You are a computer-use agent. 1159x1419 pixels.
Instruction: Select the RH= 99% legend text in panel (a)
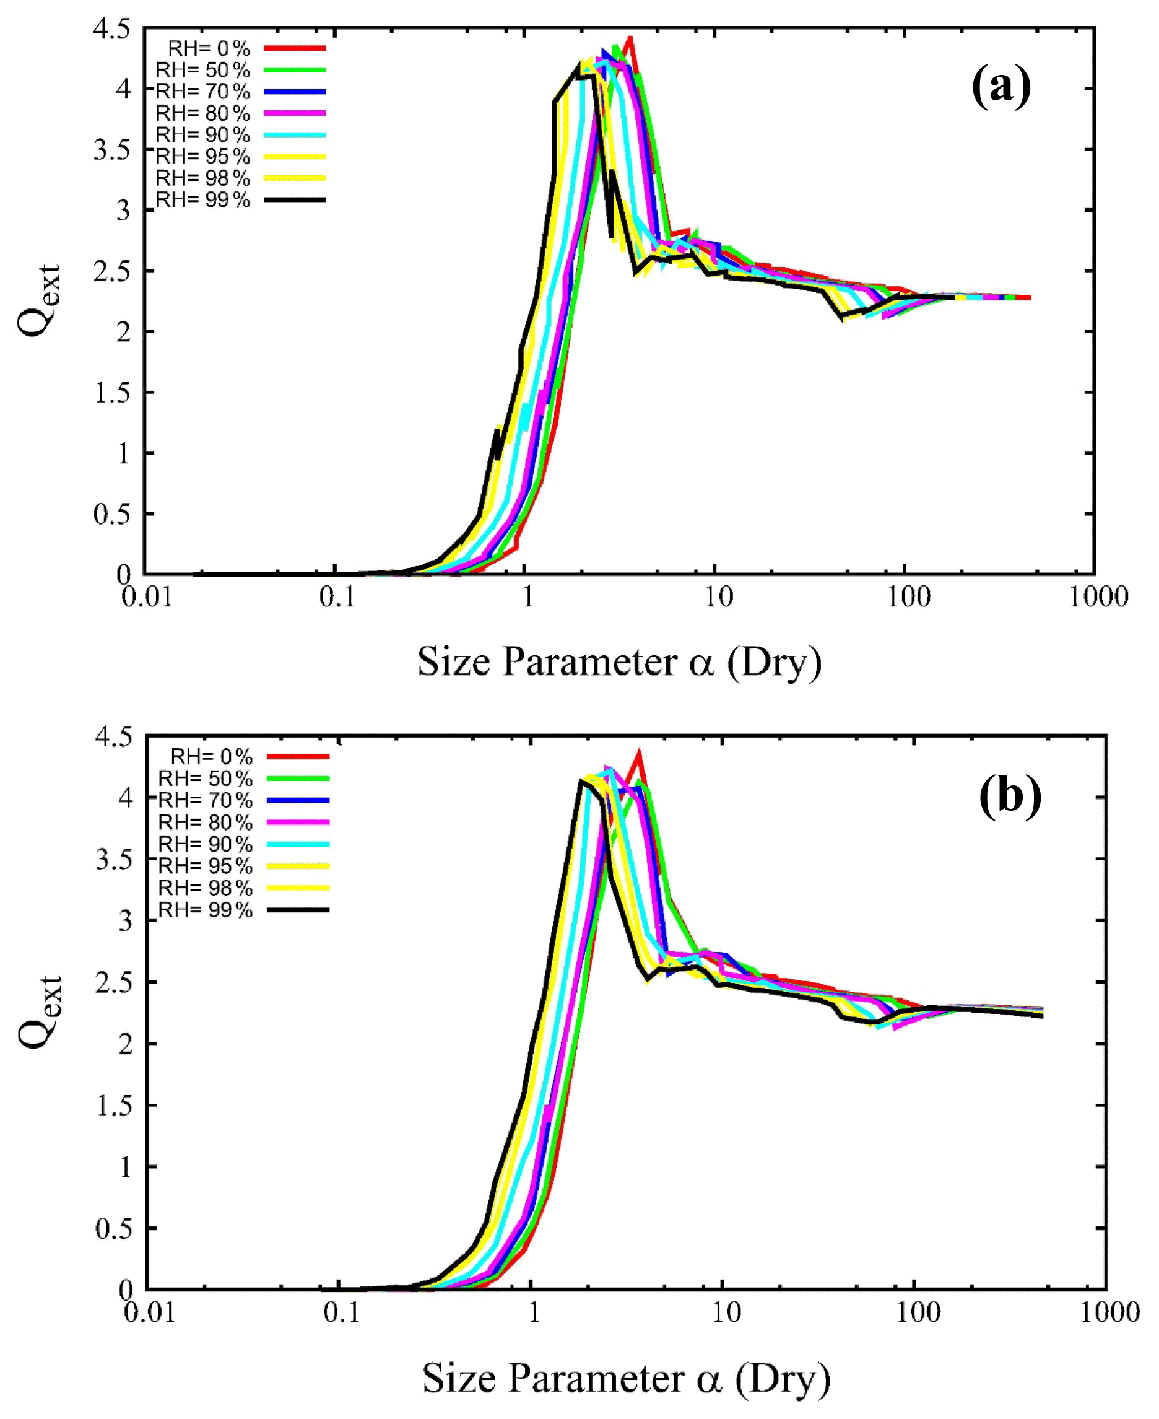(x=203, y=199)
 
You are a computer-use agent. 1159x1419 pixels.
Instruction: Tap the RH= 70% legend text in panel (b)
(x=205, y=800)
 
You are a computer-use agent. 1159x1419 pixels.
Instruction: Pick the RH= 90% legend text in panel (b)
(x=205, y=844)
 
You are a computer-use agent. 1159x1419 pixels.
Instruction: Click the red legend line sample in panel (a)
(x=295, y=48)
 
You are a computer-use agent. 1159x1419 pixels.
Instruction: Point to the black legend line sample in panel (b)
(x=298, y=909)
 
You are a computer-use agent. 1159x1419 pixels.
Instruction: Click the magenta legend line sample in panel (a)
(x=295, y=113)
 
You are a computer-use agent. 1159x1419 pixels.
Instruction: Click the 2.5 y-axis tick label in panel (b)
(x=114, y=982)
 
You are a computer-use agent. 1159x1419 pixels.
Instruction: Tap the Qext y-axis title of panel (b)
(x=40, y=1011)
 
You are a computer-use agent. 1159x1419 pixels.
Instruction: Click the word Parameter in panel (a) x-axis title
(x=590, y=662)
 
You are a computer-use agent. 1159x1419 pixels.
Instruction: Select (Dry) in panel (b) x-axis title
(x=783, y=1378)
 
